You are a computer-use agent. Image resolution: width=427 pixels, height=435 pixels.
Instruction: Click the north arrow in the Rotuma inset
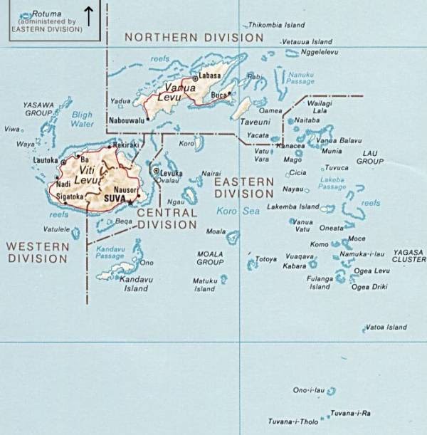pos(89,15)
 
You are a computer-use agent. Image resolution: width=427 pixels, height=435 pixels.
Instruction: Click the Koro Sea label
pos(237,211)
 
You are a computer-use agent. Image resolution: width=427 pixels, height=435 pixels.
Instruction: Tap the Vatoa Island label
pos(386,327)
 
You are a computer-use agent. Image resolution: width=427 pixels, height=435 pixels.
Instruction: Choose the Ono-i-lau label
pos(308,390)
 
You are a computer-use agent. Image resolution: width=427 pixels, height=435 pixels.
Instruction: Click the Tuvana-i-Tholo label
pos(293,421)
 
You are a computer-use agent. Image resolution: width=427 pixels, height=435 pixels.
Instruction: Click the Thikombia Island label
pos(276,25)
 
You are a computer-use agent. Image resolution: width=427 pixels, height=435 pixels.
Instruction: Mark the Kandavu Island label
pos(134,284)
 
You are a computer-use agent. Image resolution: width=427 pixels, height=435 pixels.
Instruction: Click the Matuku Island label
pos(204,285)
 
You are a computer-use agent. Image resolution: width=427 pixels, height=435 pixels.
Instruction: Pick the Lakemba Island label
pos(292,206)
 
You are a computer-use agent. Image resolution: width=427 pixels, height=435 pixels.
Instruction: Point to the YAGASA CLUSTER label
pos(408,256)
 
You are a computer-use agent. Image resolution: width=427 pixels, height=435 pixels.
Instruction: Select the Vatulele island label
pos(56,229)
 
